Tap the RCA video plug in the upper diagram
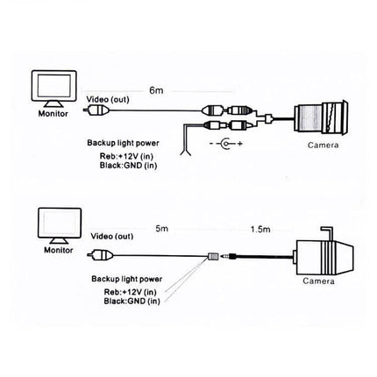point(102,112)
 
